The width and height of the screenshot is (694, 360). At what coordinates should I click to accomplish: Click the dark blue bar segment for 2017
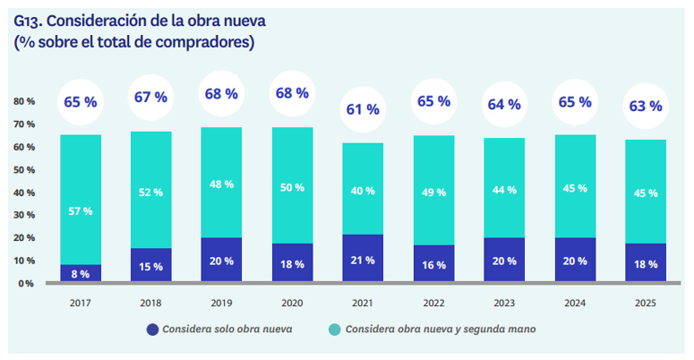81,273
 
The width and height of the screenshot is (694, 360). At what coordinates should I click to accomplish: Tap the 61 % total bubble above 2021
363,109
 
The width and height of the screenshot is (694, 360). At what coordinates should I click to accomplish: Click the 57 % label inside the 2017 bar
81,210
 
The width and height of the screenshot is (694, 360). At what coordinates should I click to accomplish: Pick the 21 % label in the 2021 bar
363,261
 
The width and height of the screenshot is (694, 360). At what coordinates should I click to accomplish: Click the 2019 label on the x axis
222,303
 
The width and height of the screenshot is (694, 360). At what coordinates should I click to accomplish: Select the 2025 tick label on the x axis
645,303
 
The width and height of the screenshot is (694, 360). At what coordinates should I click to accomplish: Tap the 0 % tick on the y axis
27,283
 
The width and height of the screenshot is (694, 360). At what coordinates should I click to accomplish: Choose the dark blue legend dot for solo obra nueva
151,330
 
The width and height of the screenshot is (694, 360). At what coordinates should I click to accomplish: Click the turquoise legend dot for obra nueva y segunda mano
334,330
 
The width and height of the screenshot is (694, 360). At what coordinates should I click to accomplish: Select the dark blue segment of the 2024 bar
575,260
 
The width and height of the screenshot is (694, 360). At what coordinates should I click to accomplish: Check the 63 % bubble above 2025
645,106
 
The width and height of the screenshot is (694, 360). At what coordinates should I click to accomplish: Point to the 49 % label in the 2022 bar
433,193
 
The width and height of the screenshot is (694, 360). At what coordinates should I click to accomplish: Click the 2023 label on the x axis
504,303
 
